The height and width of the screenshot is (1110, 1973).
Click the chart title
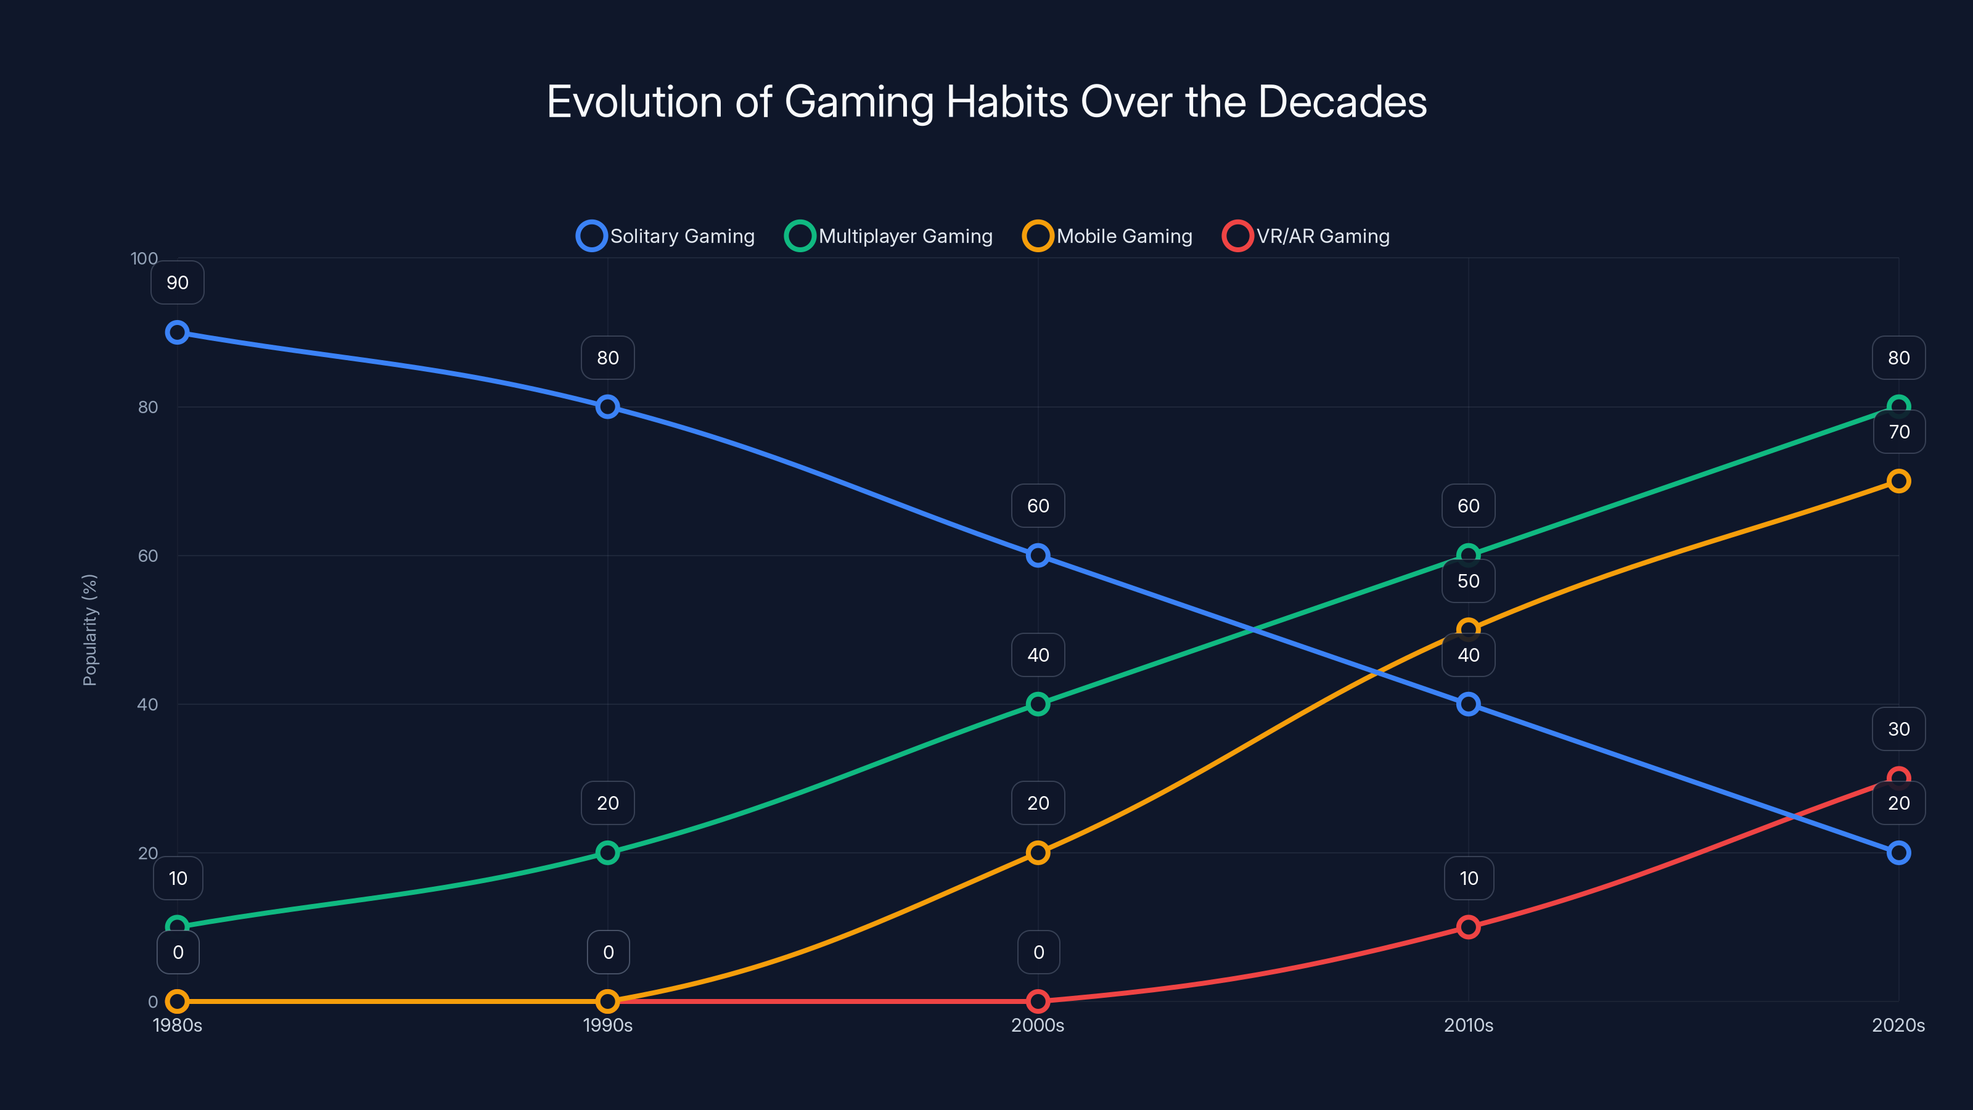[x=986, y=102]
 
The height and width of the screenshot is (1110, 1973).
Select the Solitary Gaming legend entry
[x=666, y=236]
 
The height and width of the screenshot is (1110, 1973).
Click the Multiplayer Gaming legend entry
[x=888, y=236]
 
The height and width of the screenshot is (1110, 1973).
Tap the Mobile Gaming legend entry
[x=1107, y=236]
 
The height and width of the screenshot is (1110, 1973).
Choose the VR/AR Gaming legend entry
[x=1306, y=236]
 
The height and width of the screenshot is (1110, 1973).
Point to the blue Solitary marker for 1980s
[x=178, y=332]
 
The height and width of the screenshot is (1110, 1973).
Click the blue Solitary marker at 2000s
[x=1038, y=556]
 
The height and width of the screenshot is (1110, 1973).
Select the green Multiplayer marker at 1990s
[x=607, y=853]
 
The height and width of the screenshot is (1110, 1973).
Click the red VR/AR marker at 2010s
[x=1468, y=927]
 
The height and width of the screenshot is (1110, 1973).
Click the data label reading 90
[x=178, y=282]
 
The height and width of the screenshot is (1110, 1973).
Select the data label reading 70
[x=1899, y=432]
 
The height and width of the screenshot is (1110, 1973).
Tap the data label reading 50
[x=1468, y=581]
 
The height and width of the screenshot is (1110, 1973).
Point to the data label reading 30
[x=1899, y=730]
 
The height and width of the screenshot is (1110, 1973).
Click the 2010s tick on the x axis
[x=1468, y=1025]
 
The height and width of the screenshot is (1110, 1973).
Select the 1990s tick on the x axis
[x=607, y=1025]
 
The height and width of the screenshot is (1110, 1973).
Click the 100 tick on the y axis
[x=144, y=258]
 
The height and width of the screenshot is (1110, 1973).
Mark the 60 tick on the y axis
[x=148, y=556]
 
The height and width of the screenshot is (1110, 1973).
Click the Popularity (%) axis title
[x=89, y=630]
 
